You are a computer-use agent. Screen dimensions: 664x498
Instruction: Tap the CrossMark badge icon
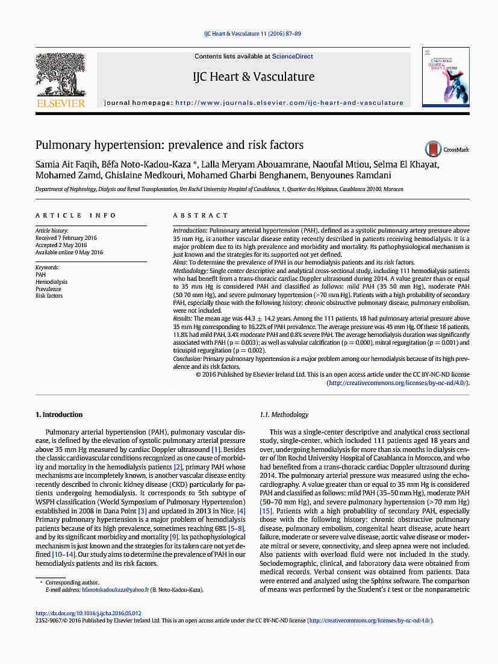click(x=433, y=149)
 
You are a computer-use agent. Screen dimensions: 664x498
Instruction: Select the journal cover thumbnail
click(x=445, y=78)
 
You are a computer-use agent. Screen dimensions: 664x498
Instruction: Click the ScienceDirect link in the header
click(x=293, y=57)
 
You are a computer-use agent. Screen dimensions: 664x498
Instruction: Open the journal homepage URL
click(x=289, y=103)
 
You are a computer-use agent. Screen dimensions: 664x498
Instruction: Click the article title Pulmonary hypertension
click(x=169, y=145)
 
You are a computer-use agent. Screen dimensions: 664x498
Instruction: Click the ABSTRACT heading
click(x=201, y=215)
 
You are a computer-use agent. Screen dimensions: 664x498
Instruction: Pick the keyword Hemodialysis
click(x=51, y=282)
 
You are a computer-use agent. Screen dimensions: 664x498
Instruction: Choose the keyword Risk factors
click(x=49, y=296)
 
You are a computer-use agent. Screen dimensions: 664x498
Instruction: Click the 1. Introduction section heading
click(x=59, y=415)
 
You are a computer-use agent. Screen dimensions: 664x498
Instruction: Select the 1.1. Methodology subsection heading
click(x=284, y=415)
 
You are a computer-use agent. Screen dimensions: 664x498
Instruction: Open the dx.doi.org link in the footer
click(x=89, y=613)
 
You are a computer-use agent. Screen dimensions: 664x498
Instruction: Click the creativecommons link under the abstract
click(x=397, y=383)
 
